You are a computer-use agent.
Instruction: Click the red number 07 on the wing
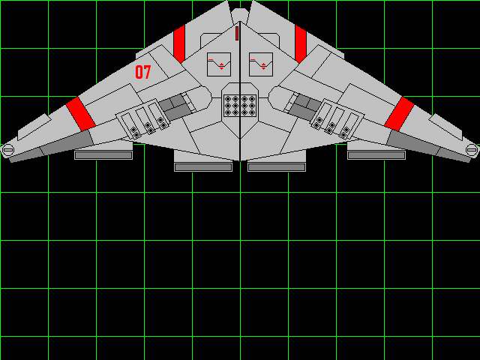142,72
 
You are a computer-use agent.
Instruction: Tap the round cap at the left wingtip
8,150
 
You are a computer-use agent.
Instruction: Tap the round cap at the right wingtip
471,150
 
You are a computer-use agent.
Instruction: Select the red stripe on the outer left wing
80,112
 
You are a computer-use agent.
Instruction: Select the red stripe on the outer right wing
400,112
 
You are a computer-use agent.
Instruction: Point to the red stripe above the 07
178,43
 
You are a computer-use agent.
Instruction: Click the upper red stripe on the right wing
300,43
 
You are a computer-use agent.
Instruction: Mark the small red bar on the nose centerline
237,33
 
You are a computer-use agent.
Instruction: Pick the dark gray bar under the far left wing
103,155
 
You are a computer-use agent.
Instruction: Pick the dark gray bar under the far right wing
376,155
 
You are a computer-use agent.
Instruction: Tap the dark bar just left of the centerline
203,166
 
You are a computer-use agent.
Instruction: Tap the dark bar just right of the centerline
277,166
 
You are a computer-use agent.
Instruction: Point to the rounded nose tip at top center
239,15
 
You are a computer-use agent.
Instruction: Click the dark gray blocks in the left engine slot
173,107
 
